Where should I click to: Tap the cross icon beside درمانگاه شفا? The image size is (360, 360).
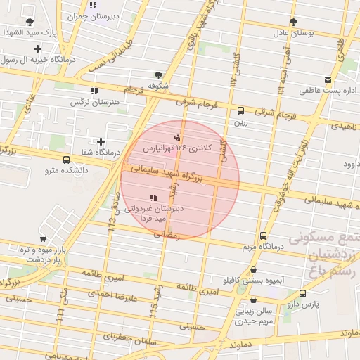tap(101, 142)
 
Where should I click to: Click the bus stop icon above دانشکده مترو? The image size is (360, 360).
tap(66, 160)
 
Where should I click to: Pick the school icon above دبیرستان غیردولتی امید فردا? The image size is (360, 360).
tap(153, 198)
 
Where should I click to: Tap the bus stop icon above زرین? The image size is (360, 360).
tap(241, 110)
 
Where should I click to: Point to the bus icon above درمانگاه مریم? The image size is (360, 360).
tap(263, 236)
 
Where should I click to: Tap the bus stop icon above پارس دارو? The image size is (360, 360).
tap(302, 293)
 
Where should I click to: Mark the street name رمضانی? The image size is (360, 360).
tap(167, 234)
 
